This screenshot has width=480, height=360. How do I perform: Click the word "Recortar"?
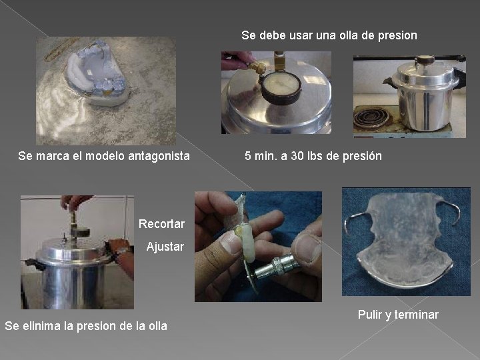coord(161,224)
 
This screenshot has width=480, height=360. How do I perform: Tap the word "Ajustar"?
coord(165,247)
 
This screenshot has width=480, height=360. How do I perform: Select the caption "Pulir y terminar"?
coord(398,315)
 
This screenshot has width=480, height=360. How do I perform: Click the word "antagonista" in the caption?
coord(159,156)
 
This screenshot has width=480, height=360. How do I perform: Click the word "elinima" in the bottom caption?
coord(41,326)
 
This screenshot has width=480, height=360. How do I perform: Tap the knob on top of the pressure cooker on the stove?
coord(424,60)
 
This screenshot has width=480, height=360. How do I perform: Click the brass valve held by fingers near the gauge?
coord(257,67)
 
